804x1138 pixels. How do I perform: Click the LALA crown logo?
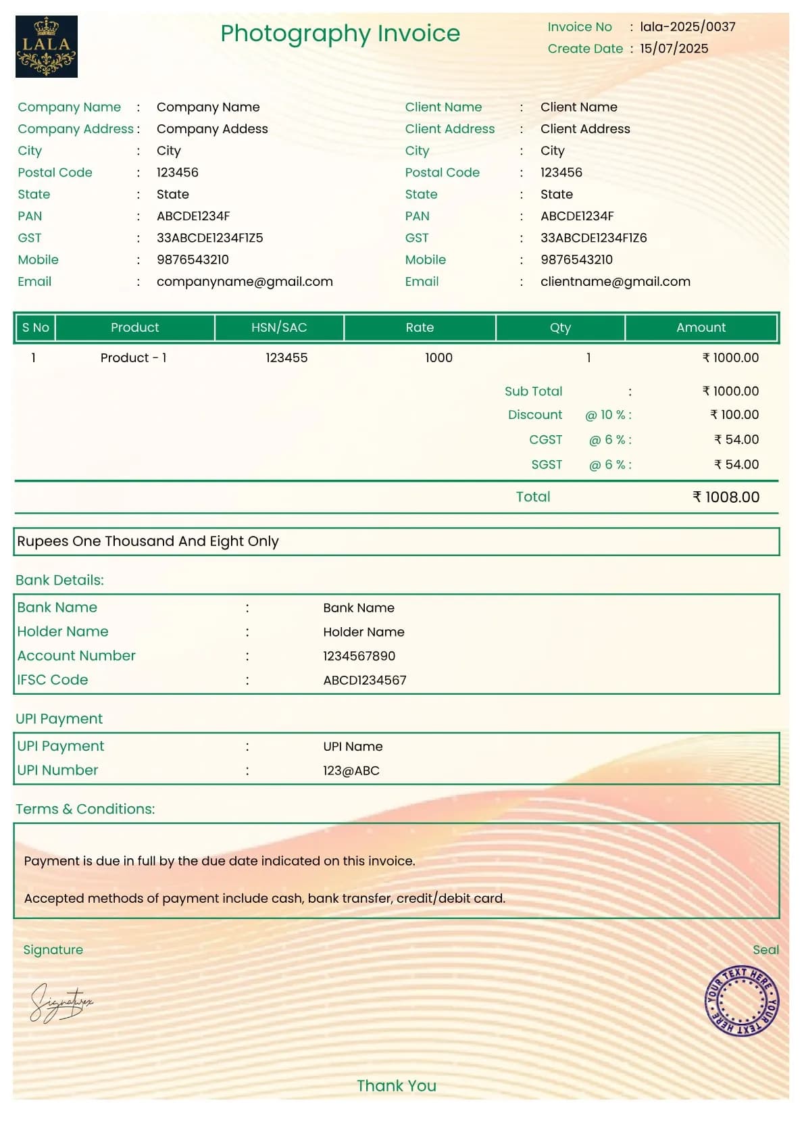point(47,47)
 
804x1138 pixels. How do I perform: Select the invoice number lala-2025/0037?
point(687,27)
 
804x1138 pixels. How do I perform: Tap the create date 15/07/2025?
point(674,49)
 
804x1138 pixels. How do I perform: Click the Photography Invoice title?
point(340,33)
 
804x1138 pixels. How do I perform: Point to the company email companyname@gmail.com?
point(245,282)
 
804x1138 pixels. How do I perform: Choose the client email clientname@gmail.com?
point(615,282)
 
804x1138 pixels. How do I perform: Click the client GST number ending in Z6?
point(593,238)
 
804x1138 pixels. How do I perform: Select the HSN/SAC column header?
point(279,328)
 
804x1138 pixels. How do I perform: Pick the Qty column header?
point(560,328)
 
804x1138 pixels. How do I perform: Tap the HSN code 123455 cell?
point(286,358)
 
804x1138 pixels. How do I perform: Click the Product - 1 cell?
point(133,358)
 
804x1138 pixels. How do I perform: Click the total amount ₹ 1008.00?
point(726,497)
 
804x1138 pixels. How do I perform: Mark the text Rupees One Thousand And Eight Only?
point(148,541)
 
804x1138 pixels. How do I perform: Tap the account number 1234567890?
point(359,656)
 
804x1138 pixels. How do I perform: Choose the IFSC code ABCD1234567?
point(365,681)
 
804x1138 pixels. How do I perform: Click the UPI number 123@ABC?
point(351,771)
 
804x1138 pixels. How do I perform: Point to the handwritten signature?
point(61,1002)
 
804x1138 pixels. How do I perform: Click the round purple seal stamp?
point(741,1001)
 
